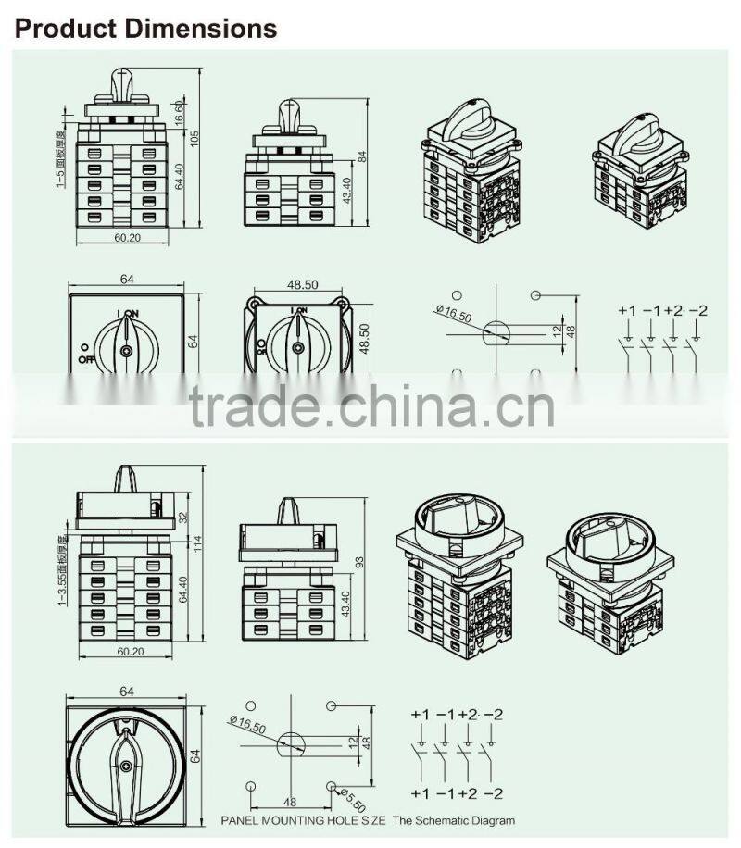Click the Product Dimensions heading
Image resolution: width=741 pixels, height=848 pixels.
pos(146,29)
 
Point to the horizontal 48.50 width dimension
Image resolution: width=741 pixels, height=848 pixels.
pos(297,285)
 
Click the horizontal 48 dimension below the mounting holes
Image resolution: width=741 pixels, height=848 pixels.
pos(290,801)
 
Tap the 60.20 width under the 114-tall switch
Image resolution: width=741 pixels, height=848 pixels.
pos(129,652)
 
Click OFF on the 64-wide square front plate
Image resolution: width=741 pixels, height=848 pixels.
pos(87,358)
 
